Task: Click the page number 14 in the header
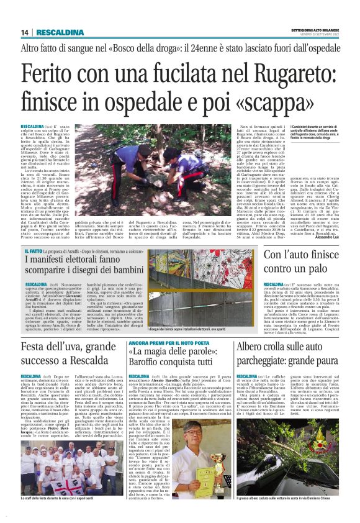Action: tap(24, 32)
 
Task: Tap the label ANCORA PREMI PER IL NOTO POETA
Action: tap(160, 343)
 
